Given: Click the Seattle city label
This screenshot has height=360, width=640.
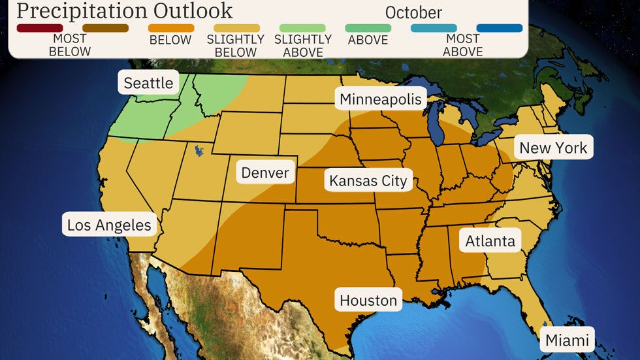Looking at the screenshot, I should click(x=148, y=83).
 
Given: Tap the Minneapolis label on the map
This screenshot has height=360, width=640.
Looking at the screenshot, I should click(x=381, y=99).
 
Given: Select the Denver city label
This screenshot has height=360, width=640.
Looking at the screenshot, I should click(x=264, y=172).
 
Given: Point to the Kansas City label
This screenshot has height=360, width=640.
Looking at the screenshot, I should click(x=368, y=180).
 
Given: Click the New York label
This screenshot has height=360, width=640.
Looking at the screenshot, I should click(x=553, y=148).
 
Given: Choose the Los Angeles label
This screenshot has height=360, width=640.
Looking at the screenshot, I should click(x=109, y=225).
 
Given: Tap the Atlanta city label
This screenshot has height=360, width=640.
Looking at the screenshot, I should click(x=490, y=241).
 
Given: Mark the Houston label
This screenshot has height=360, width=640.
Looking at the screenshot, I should click(x=368, y=301).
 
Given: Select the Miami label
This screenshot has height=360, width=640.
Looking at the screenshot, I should click(x=567, y=340).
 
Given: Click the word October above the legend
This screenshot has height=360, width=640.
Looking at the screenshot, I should click(x=413, y=12).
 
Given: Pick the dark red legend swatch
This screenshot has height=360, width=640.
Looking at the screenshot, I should click(x=40, y=28).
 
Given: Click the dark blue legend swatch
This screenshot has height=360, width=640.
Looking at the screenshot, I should click(x=500, y=28).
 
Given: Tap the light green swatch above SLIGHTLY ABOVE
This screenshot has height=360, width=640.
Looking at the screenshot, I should click(x=302, y=28).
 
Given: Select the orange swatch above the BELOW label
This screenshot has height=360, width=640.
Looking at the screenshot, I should click(x=171, y=28).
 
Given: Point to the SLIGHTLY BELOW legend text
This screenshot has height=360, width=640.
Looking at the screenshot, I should click(x=236, y=46).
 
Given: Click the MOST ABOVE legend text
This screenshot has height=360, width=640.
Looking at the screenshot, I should click(x=462, y=46).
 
